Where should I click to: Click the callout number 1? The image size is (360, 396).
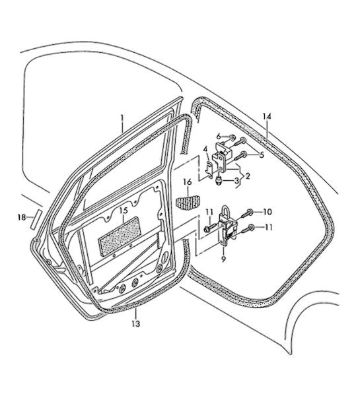tap(122, 118)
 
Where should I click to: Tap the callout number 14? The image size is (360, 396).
tap(266, 117)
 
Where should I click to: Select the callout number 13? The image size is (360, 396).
tap(136, 323)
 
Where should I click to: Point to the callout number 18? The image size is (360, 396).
tap(22, 217)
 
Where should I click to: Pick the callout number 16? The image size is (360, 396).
tap(188, 182)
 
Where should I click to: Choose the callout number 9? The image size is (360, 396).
tap(223, 259)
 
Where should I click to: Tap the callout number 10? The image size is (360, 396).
tap(268, 212)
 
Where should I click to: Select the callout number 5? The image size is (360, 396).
tap(262, 154)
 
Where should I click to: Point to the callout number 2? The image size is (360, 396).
tap(248, 176)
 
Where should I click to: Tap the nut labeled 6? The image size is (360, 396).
tap(233, 138)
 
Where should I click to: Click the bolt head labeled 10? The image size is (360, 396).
tap(250, 211)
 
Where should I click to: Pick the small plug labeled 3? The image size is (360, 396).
tap(218, 181)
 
